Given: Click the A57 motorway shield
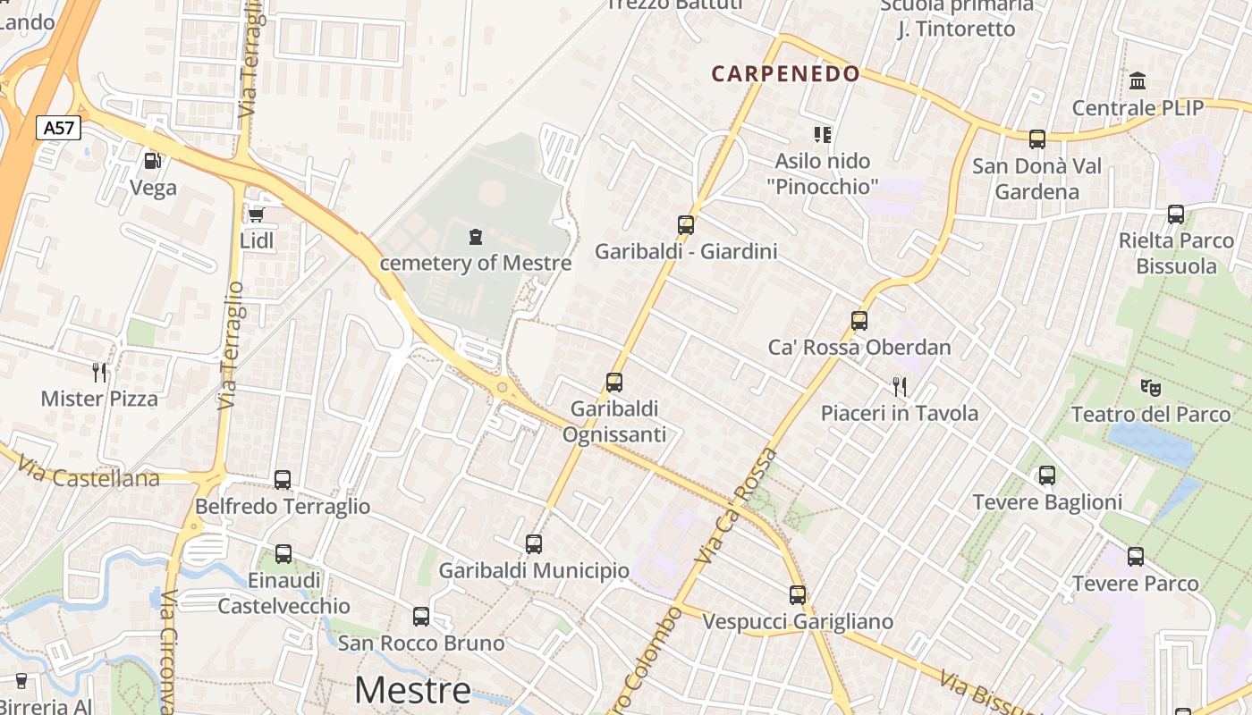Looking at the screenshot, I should click(x=59, y=128).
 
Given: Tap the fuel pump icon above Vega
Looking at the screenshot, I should click(x=153, y=161).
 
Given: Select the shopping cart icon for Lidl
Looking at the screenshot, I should click(x=257, y=214).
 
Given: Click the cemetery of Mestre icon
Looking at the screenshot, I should click(x=475, y=237).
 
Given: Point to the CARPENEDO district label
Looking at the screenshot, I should click(x=785, y=74).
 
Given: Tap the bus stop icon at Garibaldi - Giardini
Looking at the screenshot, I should click(x=686, y=225).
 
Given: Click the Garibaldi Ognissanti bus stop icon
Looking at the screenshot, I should click(x=614, y=383).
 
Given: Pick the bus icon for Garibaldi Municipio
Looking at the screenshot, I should click(x=534, y=543).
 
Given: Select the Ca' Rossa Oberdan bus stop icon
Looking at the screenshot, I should click(x=859, y=320).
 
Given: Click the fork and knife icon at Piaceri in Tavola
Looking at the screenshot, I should click(x=900, y=386).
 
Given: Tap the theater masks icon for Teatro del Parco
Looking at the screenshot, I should click(x=1151, y=387).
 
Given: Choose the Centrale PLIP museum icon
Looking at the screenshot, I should click(x=1138, y=81).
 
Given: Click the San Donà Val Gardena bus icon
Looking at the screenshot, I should click(x=1037, y=139).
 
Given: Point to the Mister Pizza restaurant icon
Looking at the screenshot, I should click(x=99, y=372).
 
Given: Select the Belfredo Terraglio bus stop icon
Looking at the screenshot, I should click(x=283, y=480).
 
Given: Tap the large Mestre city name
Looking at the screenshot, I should click(x=412, y=690).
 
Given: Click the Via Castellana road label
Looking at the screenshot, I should click(x=88, y=474).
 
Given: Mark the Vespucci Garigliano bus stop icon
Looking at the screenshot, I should click(x=798, y=594).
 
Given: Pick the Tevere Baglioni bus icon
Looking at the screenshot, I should click(x=1047, y=475).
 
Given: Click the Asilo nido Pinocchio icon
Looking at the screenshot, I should click(x=823, y=135).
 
